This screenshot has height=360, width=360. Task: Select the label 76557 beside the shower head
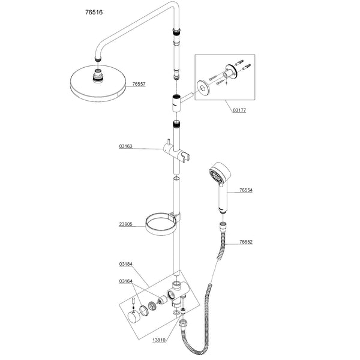140,85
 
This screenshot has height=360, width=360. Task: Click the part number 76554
247,190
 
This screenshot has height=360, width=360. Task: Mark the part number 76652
247,242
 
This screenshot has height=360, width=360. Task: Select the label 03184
126,263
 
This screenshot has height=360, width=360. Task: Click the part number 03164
126,280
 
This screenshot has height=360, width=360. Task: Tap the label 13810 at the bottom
159,340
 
